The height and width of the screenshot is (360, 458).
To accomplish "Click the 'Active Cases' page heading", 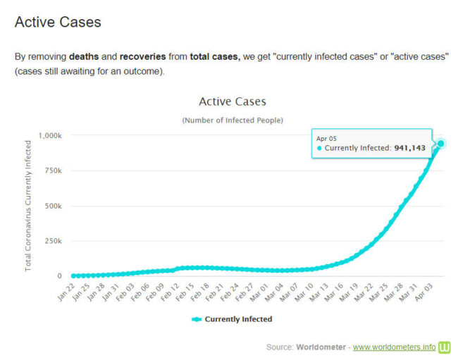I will [x=58, y=22].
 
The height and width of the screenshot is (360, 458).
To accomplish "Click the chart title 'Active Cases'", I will [x=233, y=102].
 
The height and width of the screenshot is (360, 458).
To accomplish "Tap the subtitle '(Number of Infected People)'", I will [x=233, y=120].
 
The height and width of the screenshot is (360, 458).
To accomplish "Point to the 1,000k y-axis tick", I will [x=50, y=135].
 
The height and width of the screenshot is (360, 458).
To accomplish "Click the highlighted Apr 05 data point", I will [x=441, y=144].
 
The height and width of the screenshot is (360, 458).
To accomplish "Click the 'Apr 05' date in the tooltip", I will [x=326, y=137].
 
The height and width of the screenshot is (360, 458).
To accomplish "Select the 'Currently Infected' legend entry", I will [x=233, y=319].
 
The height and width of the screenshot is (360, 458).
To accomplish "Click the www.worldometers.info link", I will [x=394, y=347].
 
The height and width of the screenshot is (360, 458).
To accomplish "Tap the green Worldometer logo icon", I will [x=445, y=347].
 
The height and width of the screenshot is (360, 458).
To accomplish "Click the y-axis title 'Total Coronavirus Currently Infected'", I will [x=29, y=206].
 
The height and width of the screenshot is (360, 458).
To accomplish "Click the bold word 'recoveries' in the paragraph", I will [x=142, y=56].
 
